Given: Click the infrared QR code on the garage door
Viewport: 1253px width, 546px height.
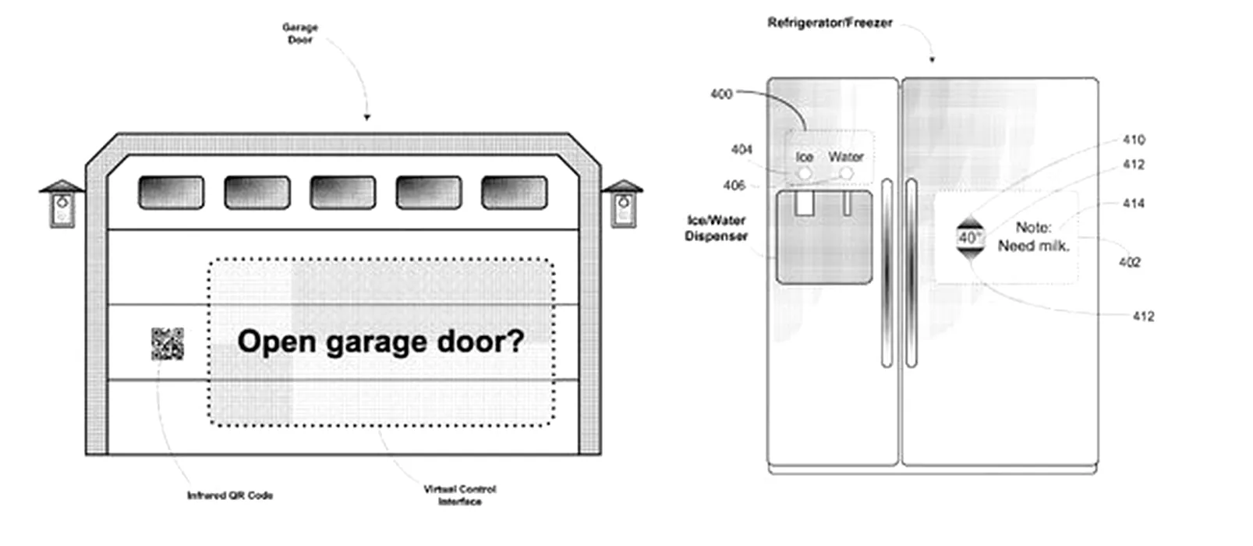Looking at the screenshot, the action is click(168, 343).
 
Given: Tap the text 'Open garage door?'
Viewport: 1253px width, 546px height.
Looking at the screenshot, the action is click(381, 342).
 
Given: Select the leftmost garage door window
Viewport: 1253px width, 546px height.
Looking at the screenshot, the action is click(172, 193).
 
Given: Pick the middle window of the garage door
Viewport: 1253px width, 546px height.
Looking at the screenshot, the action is click(343, 193).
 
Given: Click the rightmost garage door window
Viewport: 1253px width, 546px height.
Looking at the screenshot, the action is click(515, 193).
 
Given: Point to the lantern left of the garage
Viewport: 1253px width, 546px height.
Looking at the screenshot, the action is click(62, 204).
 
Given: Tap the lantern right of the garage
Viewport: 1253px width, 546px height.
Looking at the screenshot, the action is click(622, 204).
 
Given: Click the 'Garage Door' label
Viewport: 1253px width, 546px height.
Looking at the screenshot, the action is click(300, 34).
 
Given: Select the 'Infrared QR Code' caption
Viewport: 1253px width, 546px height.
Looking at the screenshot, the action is click(230, 495).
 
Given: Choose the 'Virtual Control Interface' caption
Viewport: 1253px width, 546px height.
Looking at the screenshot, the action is click(460, 495).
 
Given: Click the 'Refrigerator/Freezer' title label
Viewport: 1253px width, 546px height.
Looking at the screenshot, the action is click(830, 23).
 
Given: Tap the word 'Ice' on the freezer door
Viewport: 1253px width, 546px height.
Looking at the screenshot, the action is click(805, 157).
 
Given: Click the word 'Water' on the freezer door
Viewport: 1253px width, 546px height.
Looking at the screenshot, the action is click(846, 157).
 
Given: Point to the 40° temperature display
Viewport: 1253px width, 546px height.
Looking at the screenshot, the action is click(969, 238).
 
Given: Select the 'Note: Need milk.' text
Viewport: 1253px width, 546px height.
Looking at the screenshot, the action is click(1034, 236).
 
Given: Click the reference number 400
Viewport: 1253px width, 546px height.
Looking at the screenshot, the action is click(721, 94).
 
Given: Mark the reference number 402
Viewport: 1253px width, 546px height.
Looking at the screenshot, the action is click(1129, 262).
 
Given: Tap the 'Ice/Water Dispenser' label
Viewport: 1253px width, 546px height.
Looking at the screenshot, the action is click(717, 229).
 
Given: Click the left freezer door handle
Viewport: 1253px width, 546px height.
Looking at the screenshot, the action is click(887, 273).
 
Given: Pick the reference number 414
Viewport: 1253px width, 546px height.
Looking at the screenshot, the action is click(1133, 203).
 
